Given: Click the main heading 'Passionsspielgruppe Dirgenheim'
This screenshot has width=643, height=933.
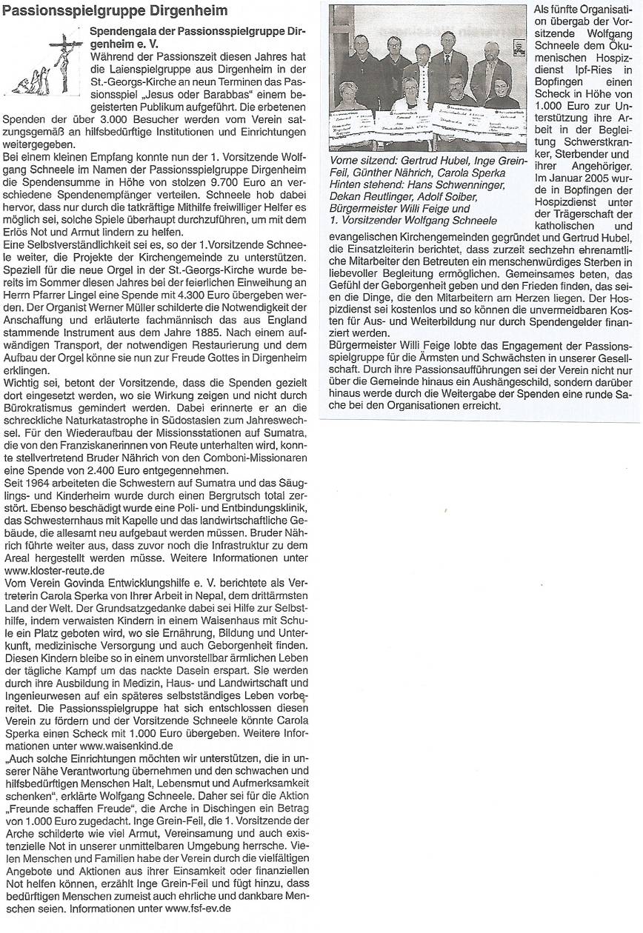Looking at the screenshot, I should coord(114,11).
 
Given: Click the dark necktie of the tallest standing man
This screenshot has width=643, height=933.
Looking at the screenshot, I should coord(447,64).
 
